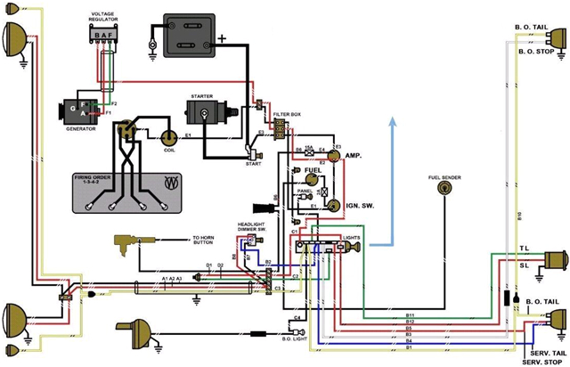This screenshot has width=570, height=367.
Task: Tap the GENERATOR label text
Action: click(x=79, y=129)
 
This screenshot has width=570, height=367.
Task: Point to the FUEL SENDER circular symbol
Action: click(x=443, y=198)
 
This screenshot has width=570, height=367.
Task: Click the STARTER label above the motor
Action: click(x=202, y=95)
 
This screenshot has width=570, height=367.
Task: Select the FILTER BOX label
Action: click(x=288, y=116)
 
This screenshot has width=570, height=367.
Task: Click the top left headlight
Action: click(x=14, y=39)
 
